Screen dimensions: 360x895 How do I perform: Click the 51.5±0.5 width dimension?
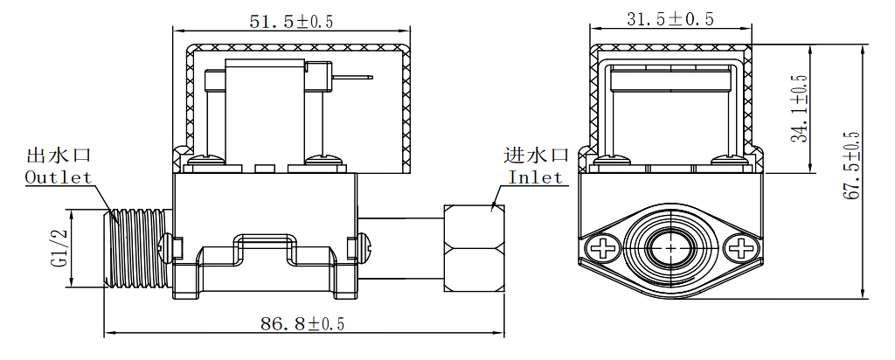point(292,22)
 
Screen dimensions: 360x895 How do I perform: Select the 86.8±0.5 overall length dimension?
point(302,324)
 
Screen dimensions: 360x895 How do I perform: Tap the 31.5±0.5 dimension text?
point(670,19)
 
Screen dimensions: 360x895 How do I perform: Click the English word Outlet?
point(58,177)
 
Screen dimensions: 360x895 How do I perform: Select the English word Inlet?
point(536,177)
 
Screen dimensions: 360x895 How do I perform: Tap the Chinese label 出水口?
point(59,156)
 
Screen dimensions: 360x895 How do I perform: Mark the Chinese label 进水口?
point(537,156)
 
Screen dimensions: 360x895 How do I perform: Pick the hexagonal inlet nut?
point(474,248)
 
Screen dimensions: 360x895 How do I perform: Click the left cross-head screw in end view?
point(602,248)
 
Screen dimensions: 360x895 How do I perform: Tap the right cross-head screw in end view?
point(739,248)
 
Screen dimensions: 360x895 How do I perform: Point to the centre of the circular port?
point(670,248)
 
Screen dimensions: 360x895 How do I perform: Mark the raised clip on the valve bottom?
point(267,241)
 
